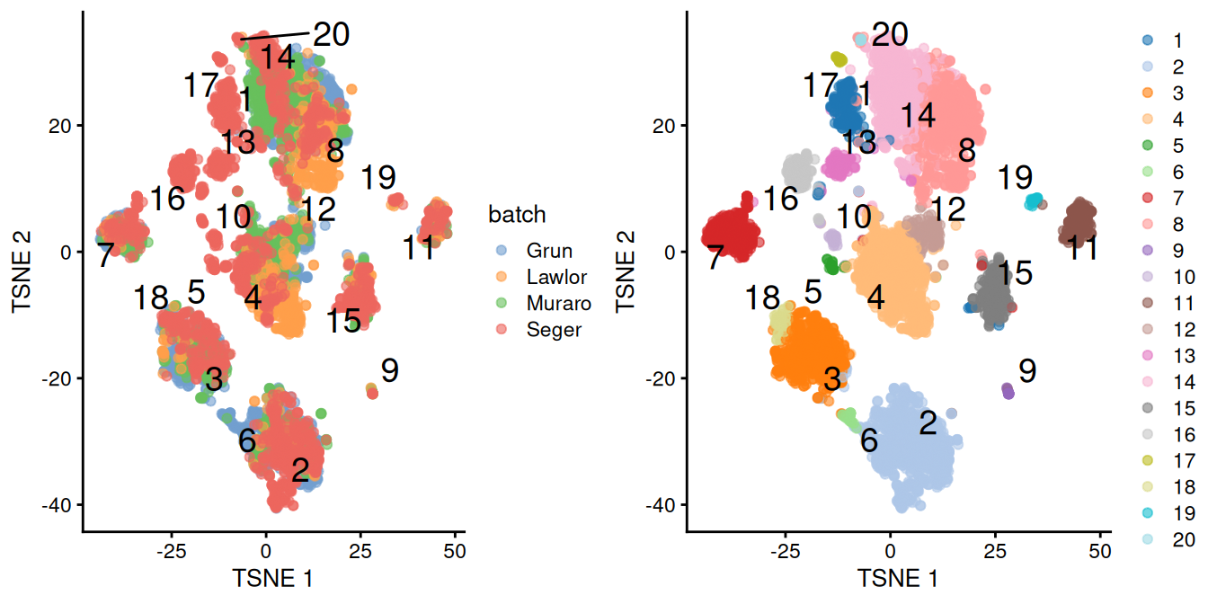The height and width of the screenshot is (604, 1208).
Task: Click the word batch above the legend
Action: click(517, 215)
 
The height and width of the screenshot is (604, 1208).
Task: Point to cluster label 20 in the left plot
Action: click(330, 34)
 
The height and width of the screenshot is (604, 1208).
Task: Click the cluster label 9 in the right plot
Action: click(1028, 370)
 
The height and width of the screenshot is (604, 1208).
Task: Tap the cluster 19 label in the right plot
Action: click(1015, 178)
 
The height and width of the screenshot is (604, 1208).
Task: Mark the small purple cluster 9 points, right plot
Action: click(1008, 391)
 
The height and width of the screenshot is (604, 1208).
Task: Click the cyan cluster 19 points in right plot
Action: click(1035, 200)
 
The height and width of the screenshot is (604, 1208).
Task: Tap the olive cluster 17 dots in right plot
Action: click(839, 59)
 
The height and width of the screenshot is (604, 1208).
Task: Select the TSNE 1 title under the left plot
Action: click(272, 577)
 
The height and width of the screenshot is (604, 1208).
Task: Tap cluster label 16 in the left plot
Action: click(168, 199)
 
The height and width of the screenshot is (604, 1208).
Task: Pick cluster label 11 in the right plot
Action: click(1082, 248)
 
